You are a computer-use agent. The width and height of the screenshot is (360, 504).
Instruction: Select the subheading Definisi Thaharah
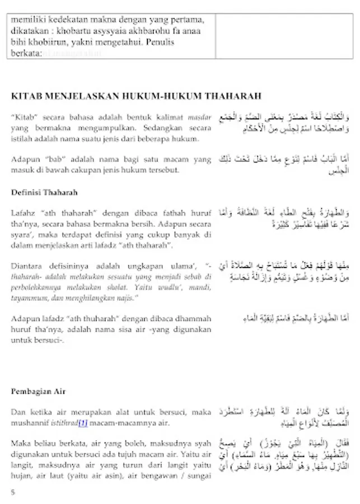coord(44,192)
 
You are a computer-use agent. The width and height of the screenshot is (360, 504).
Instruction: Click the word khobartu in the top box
coord(69,31)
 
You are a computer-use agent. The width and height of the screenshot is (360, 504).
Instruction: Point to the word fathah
coord(166,213)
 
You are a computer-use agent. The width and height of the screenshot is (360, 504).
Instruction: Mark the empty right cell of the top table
coord(284,35)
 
